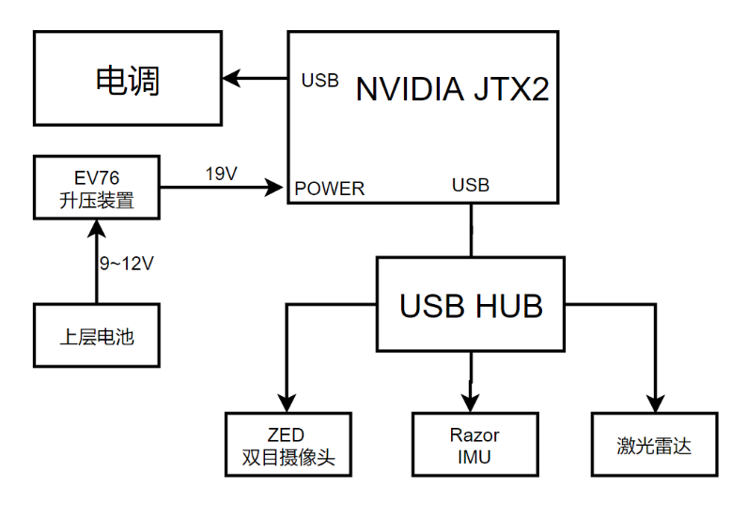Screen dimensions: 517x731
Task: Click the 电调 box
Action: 128,81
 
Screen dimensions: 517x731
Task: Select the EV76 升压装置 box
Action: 97,187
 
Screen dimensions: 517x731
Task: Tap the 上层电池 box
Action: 97,335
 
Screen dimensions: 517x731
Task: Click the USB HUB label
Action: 471,306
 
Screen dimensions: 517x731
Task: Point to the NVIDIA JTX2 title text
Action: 451,90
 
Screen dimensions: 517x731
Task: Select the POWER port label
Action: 329,189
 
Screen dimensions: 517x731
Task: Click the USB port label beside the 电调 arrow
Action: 319,81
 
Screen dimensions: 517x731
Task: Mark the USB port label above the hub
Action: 471,186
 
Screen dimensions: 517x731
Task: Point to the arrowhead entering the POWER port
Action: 275,188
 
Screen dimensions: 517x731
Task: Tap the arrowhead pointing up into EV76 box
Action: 97,228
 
